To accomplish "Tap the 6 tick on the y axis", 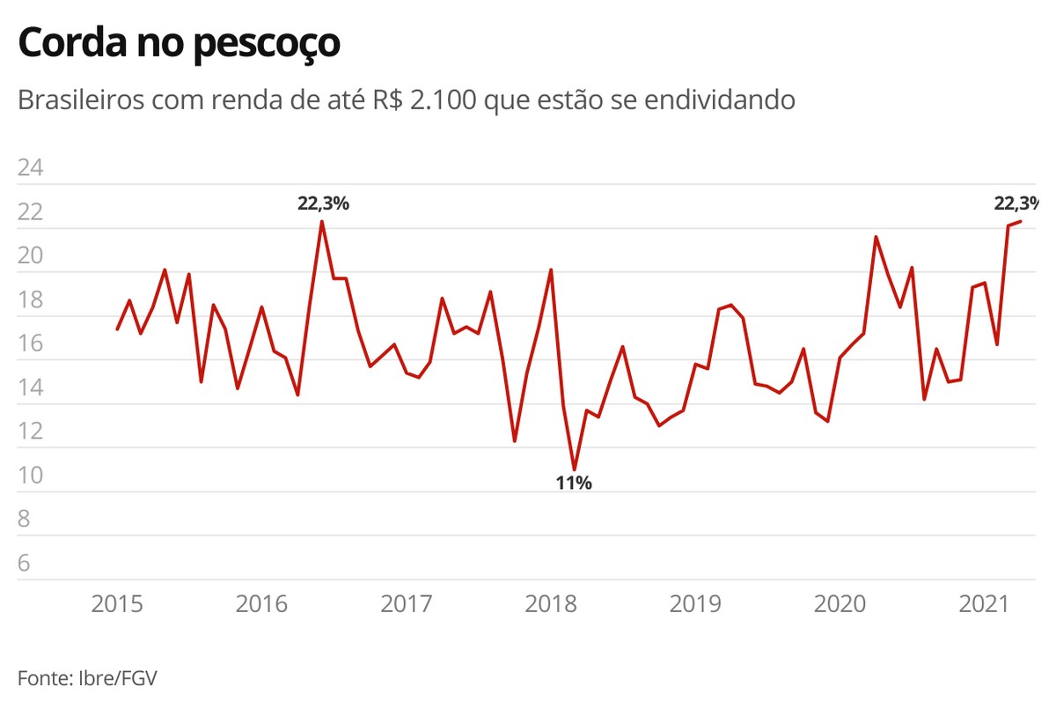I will tap(24, 563).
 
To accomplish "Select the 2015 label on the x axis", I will tap(118, 604).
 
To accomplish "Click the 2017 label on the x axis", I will tap(407, 604).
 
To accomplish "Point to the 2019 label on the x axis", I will tap(695, 604).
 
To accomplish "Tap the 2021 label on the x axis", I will tap(984, 604).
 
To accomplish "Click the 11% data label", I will tap(574, 483).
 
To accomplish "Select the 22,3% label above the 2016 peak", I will tap(323, 203).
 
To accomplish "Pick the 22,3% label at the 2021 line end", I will tap(1016, 203).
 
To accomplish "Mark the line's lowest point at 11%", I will tap(574, 469).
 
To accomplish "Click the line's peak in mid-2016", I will tap(322, 221).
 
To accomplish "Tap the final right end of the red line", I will tap(1020, 221).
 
